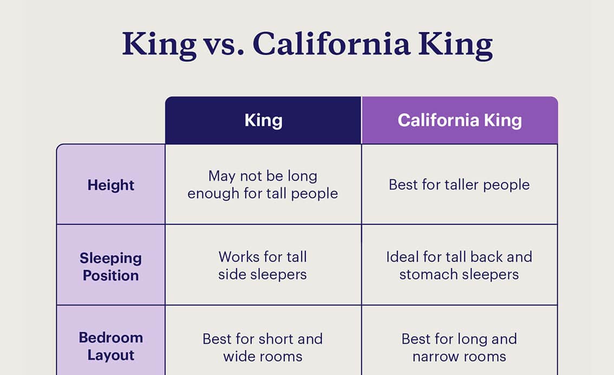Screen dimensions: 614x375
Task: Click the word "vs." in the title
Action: [223, 44]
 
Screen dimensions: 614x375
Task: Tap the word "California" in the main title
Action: [331, 43]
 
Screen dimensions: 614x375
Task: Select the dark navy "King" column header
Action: [263, 120]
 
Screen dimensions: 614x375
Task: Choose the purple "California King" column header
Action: [460, 120]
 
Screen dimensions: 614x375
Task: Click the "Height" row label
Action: [111, 185]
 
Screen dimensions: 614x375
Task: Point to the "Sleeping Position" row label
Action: [111, 267]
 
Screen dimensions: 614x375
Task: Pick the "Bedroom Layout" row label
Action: [111, 346]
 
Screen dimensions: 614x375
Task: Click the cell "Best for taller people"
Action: [459, 185]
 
